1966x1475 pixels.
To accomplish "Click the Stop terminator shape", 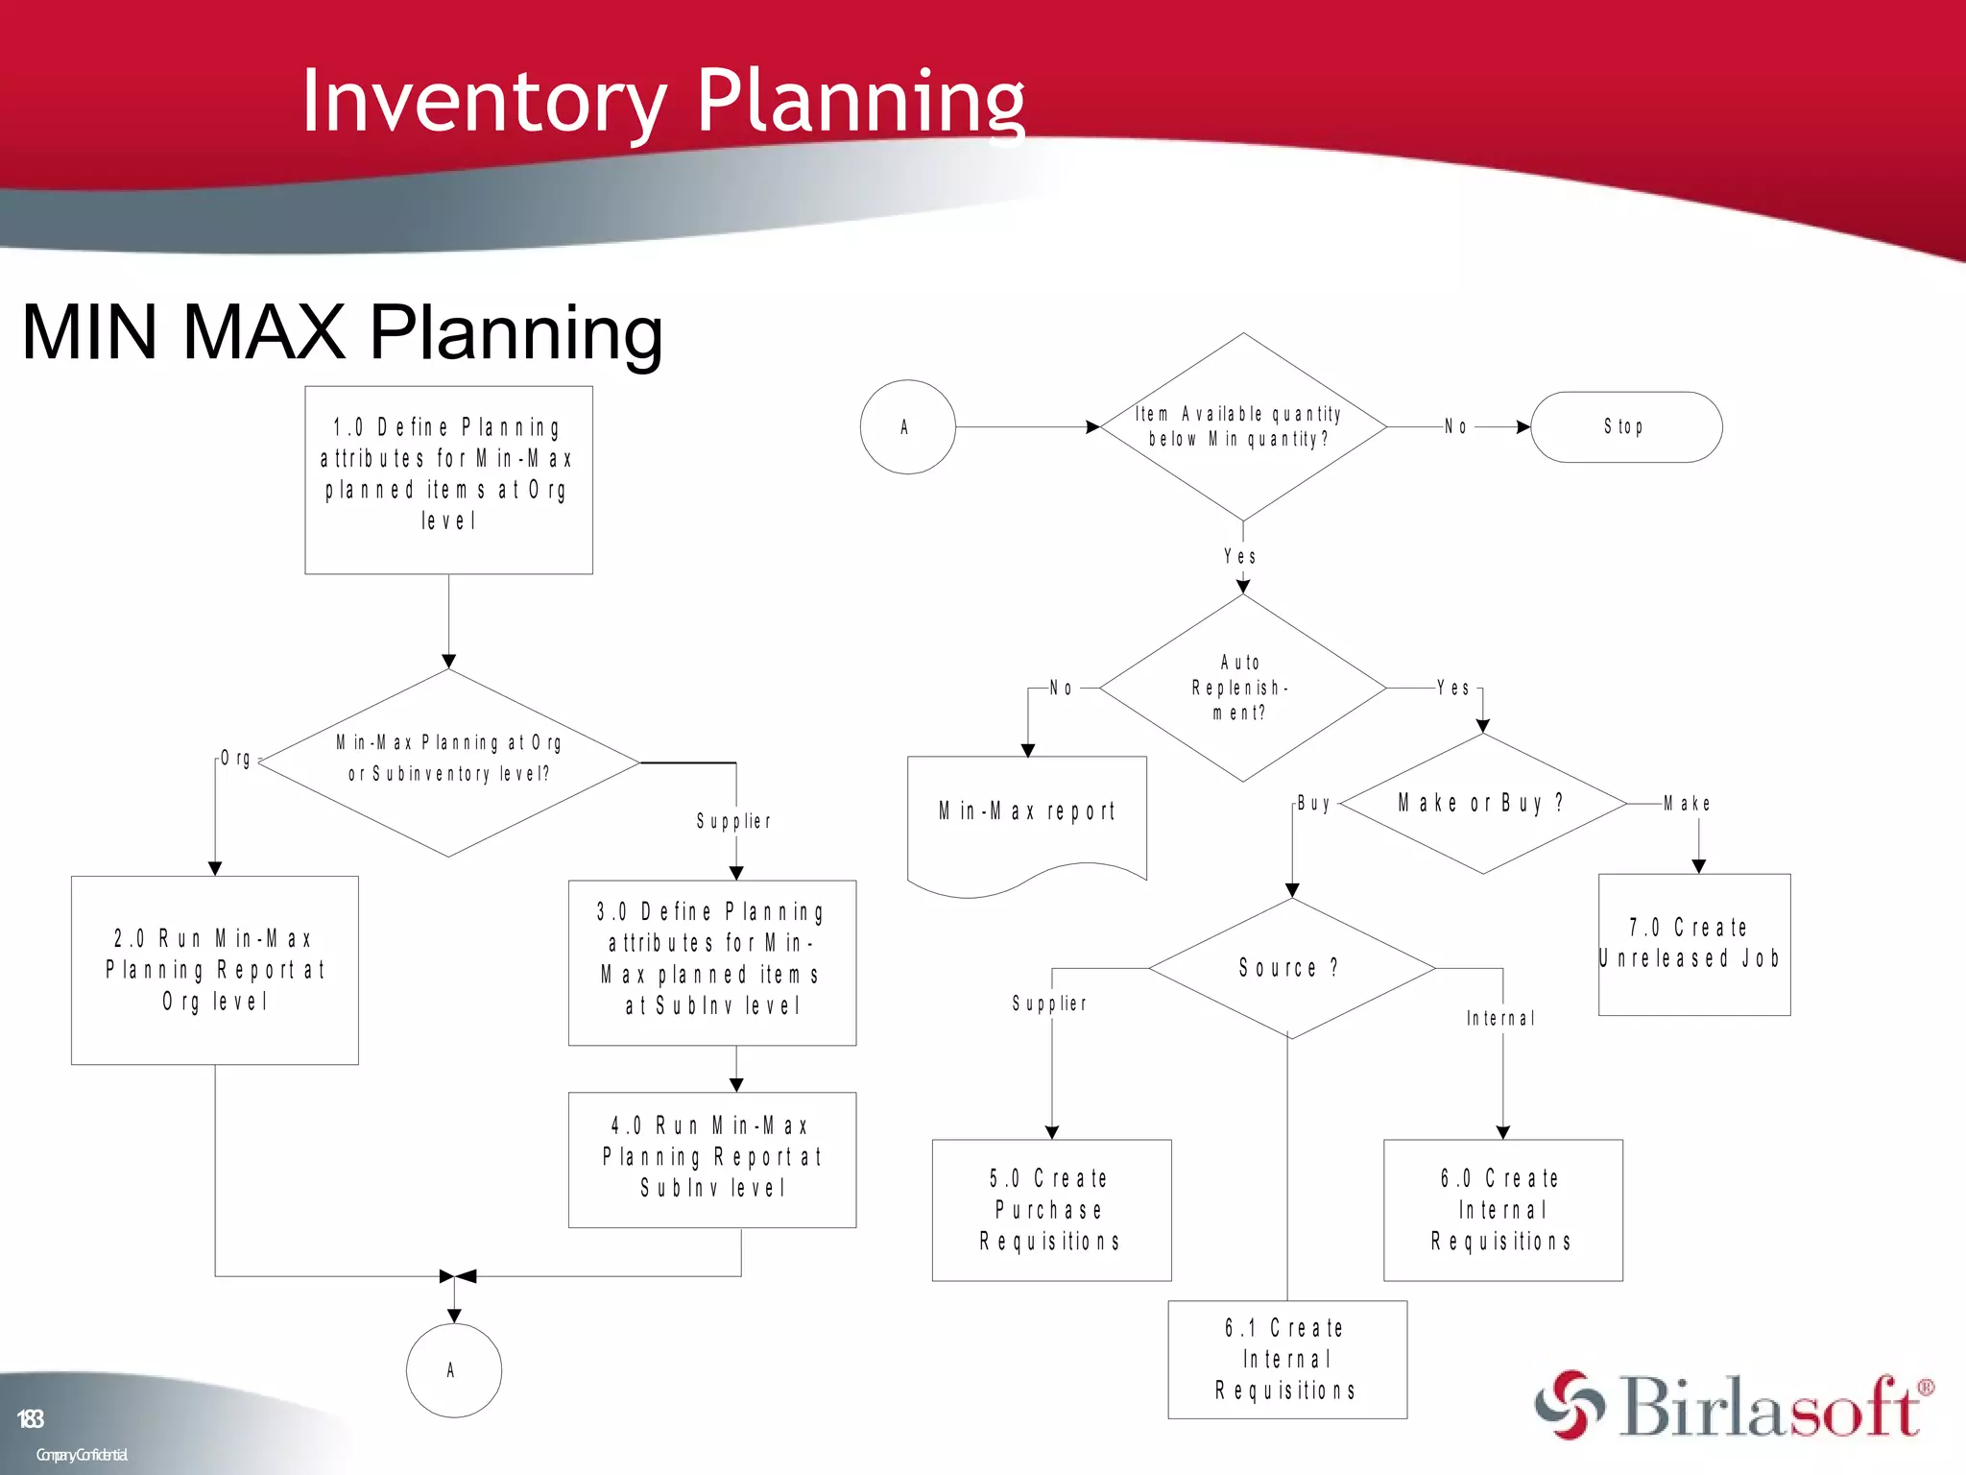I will click(x=1625, y=426).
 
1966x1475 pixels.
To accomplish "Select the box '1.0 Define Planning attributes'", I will click(x=448, y=479).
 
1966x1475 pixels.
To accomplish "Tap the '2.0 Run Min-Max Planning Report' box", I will click(x=214, y=969).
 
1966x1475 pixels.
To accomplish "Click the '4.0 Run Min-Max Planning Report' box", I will click(x=711, y=1159).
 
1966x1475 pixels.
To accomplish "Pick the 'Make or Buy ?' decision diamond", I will click(x=1481, y=803).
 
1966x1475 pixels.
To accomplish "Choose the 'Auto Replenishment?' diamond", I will click(x=1242, y=688).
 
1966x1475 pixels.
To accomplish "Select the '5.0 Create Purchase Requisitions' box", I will click(x=1050, y=1210).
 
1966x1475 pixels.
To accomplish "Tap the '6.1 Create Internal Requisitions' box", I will click(x=1286, y=1359).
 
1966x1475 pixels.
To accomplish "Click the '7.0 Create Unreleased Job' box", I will click(x=1693, y=944).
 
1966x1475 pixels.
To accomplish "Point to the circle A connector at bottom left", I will click(x=453, y=1370).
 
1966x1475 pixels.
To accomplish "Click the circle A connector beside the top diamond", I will click(x=906, y=426).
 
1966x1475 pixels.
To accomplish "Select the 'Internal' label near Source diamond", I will click(x=1500, y=1019).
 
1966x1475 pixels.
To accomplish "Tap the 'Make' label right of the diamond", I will click(x=1687, y=804).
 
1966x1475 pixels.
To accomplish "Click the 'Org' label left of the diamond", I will click(x=235, y=759).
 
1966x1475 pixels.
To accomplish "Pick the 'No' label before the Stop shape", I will click(x=1455, y=427).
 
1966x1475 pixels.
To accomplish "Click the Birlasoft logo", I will click(x=1733, y=1407).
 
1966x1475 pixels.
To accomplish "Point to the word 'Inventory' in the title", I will click(x=484, y=101).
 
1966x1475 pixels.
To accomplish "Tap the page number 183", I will click(x=30, y=1418).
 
